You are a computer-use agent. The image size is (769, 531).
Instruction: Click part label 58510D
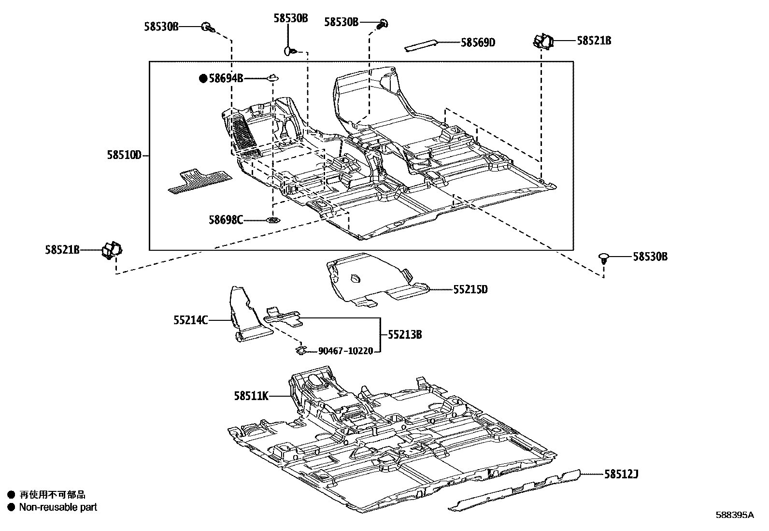(x=124, y=155)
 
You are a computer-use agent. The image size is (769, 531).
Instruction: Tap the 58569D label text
(x=478, y=43)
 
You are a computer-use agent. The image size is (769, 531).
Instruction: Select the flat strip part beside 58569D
(x=421, y=45)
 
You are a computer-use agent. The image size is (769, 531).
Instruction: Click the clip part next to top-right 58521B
(x=543, y=42)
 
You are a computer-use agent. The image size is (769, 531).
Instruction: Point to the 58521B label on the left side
(x=62, y=250)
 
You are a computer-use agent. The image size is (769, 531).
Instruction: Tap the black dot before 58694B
(x=203, y=78)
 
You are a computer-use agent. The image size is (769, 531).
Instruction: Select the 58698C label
(x=226, y=220)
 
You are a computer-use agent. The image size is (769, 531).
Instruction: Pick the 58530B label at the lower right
(x=650, y=257)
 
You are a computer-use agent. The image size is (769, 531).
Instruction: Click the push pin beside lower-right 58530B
(x=604, y=258)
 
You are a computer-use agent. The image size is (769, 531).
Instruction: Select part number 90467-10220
(x=346, y=351)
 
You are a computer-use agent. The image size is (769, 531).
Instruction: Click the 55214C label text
(x=191, y=320)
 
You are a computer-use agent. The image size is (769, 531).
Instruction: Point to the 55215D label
(x=470, y=290)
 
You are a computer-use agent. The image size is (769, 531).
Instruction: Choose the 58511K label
(x=251, y=396)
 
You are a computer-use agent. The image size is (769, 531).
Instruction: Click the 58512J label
(x=621, y=474)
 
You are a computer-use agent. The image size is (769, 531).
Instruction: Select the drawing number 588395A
(x=734, y=515)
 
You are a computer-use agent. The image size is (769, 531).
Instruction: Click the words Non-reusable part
(x=58, y=507)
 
